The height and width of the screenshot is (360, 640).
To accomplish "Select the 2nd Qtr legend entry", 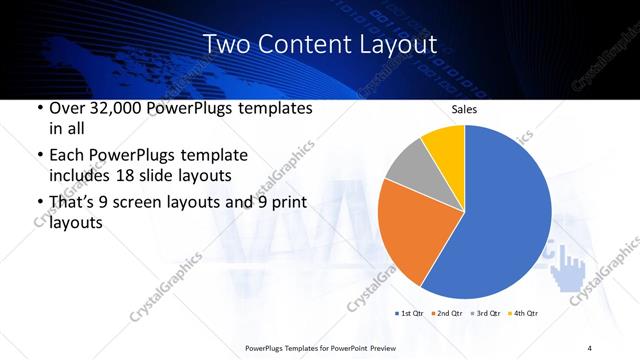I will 446,314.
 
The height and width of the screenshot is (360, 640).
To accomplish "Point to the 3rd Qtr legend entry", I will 485,314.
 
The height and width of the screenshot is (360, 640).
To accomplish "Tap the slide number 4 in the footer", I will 590,347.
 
